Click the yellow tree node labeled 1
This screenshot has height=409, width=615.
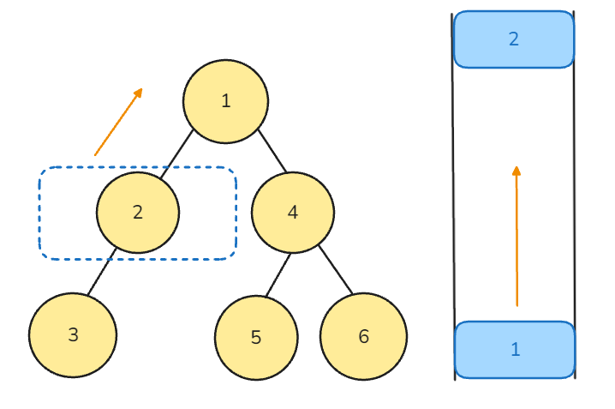coord(225,101)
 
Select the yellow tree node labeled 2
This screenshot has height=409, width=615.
coord(138,213)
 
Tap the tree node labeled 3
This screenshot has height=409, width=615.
coord(73,334)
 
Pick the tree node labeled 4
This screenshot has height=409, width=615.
coord(293,213)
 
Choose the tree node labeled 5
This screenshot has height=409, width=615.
coord(256,338)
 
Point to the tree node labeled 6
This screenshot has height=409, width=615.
coord(363,336)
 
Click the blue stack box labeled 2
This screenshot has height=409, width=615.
coord(514,39)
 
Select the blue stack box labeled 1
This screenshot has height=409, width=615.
coord(515,350)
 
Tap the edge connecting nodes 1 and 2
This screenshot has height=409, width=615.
coord(177,153)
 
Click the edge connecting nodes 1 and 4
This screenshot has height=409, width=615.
coord(272,151)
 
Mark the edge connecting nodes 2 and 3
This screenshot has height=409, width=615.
coord(102,272)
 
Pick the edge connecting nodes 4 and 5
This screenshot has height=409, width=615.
coord(278,275)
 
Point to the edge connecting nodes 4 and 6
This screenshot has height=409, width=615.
coord(336,269)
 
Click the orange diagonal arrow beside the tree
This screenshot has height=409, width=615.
coord(118,122)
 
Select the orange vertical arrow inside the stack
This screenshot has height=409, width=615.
coord(516,236)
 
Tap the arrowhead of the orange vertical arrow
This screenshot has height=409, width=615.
coord(516,171)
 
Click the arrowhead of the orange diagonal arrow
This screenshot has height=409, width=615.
coord(139,93)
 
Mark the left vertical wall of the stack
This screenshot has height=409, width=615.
coord(453,196)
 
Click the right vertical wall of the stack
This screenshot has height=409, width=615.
coord(575,195)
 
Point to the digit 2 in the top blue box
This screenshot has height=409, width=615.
coord(514,39)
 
